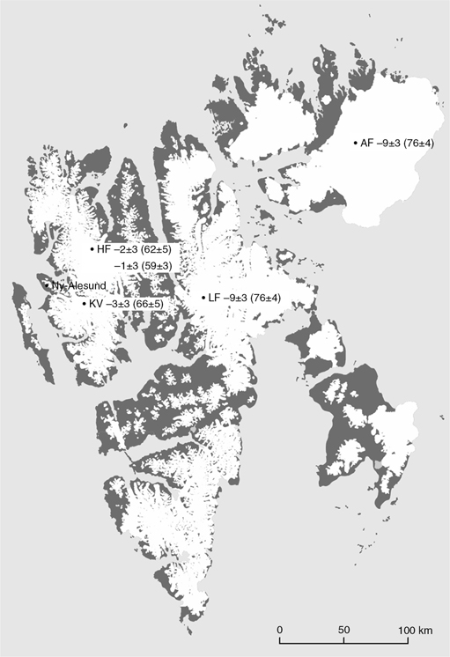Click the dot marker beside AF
tap(355, 143)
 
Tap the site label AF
tap(367, 143)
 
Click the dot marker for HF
tap(91, 250)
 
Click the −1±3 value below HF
tap(129, 265)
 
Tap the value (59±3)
tap(165, 265)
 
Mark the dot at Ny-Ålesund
tap(46, 285)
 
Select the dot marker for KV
tap(84, 304)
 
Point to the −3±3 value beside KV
tap(122, 304)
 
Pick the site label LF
tap(214, 299)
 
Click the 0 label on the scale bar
tap(279, 631)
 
